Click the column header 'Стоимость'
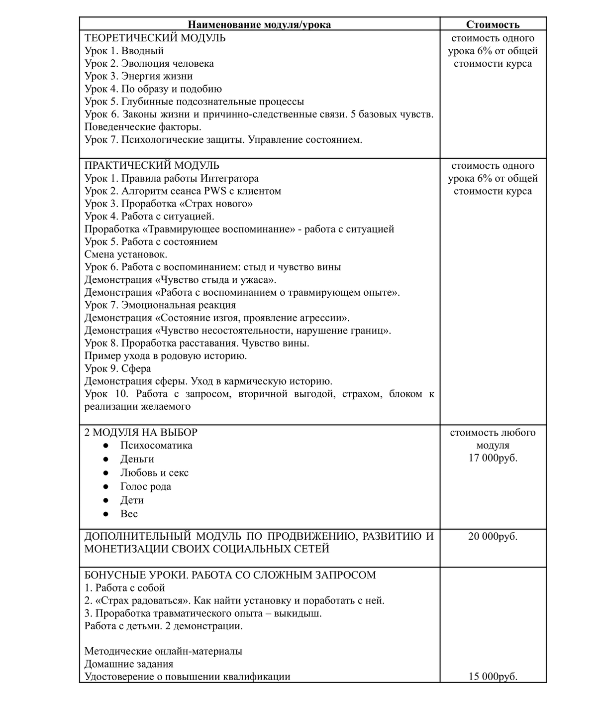coord(493,24)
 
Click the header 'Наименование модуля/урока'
coord(259,24)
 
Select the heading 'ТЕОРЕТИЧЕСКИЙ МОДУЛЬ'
coord(155,38)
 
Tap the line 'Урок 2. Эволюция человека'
coord(149,63)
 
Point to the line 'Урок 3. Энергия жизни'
coord(138,76)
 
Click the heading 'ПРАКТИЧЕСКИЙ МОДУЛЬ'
coord(152,165)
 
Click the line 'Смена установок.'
coord(126,254)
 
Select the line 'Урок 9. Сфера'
coord(118,368)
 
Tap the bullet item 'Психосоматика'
coord(156,446)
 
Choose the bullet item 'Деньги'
coord(137,459)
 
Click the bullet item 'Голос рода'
coord(146,486)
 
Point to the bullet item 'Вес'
coord(129,514)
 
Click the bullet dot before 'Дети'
coord(105,500)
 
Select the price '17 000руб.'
coord(493,458)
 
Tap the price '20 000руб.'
coord(493,537)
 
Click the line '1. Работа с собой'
coord(124,588)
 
